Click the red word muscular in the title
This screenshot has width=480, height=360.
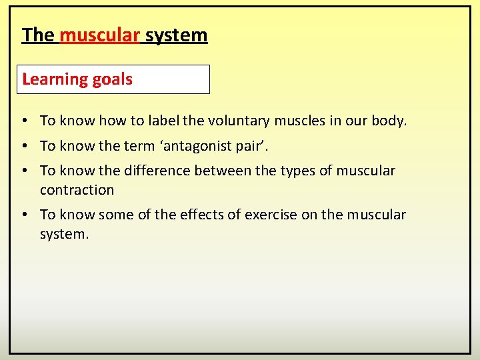(99, 35)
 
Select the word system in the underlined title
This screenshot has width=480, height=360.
(177, 35)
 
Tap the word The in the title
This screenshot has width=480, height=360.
(38, 35)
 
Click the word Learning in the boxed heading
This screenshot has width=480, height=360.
(53, 79)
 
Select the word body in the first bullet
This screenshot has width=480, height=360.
(391, 121)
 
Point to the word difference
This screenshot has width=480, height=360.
(155, 171)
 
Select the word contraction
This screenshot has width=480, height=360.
(77, 190)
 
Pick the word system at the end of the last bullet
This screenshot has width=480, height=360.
(63, 235)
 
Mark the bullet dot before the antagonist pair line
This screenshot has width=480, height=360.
(23, 146)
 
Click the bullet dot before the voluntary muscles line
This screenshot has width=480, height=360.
(23, 121)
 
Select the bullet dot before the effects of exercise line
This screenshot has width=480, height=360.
(23, 215)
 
